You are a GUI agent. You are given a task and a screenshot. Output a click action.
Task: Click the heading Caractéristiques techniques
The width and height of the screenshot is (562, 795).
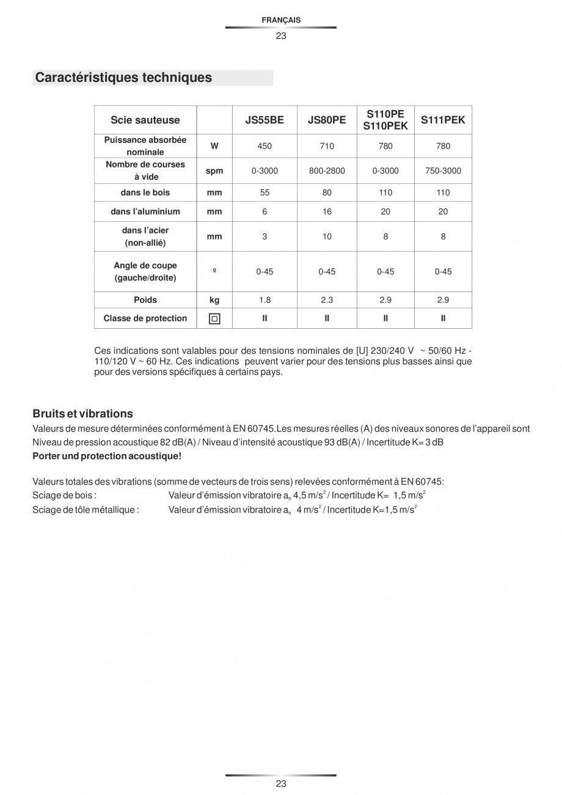coord(123,78)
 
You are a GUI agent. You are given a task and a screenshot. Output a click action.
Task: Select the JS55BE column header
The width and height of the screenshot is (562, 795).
coord(265,120)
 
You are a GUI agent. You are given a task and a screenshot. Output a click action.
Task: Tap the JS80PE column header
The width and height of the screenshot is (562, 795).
coord(327,120)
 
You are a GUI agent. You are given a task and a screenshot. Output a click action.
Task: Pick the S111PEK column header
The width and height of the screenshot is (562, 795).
coord(443,120)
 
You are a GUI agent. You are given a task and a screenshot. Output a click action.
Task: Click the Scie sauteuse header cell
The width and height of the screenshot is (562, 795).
coord(145,120)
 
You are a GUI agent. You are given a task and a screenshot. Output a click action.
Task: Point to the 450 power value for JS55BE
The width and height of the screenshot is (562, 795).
coord(265,146)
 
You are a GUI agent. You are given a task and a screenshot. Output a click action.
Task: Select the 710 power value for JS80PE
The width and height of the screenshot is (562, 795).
coord(327,146)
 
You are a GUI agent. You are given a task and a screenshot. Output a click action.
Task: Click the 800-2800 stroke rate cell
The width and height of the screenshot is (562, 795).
coord(327,171)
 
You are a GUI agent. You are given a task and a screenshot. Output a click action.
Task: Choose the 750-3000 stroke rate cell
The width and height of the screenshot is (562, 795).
coord(443,171)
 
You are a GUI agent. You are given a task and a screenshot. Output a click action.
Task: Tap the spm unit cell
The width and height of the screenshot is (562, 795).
coord(214,171)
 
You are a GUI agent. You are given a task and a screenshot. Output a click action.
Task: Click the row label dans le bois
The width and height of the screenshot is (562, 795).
coord(145,192)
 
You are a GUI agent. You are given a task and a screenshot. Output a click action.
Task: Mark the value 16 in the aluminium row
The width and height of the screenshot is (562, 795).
coord(327,211)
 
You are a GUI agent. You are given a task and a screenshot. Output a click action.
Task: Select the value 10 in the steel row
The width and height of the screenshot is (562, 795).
coord(327,236)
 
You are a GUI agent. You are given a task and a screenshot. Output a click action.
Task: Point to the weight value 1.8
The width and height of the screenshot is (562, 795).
coord(265,300)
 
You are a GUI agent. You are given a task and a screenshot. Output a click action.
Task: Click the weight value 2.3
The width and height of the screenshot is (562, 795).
coord(327,300)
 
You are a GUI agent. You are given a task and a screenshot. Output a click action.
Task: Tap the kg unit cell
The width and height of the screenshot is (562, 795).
coord(214,300)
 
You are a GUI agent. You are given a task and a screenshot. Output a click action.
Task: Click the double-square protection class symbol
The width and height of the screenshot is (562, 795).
coord(214,318)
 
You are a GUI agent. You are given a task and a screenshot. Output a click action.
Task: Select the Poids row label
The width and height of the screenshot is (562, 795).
coord(145,300)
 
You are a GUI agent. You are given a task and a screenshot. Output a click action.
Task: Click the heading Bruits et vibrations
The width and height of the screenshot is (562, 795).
coord(82,414)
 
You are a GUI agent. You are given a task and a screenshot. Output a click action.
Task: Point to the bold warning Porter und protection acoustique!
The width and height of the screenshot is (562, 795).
coord(107,456)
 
